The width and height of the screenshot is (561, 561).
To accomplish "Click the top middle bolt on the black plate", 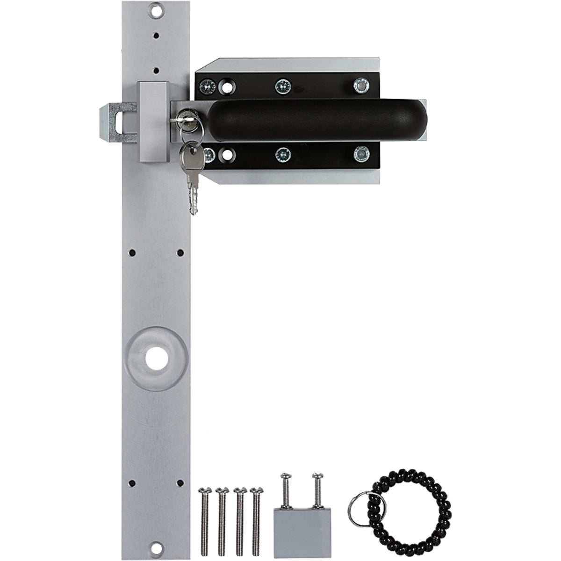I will click(x=282, y=85).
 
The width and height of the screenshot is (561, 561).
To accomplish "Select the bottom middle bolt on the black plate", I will click(x=282, y=154).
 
